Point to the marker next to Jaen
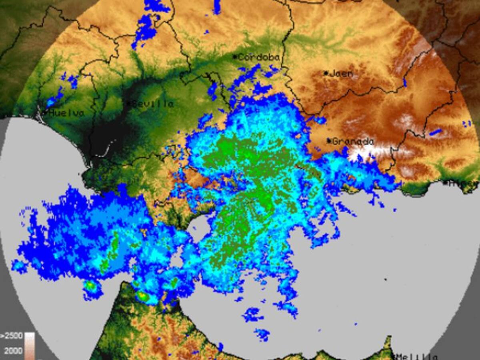(326, 73)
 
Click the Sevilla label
(153, 104)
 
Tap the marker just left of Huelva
(45, 113)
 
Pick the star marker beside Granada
(329, 141)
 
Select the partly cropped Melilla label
(416, 356)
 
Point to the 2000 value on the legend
(13, 350)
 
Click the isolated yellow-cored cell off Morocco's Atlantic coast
(91, 286)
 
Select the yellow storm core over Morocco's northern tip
(142, 296)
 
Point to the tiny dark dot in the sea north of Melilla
(386, 279)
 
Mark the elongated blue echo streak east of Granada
(436, 132)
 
